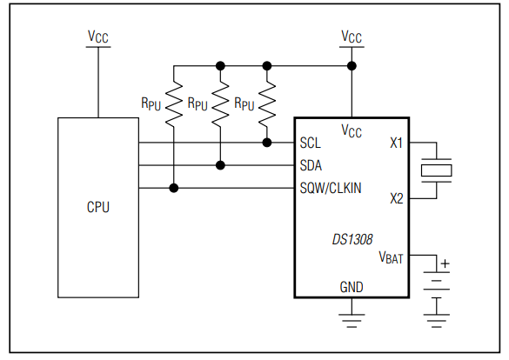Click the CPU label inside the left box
point(97,208)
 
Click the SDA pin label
point(312,165)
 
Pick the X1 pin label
point(396,143)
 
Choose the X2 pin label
point(396,198)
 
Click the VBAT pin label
point(392,257)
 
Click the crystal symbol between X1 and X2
point(437,170)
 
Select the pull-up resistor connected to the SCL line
point(267,102)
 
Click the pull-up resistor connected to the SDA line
point(221,102)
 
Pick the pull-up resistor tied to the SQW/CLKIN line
point(174,102)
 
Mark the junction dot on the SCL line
point(267,143)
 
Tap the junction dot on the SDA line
point(221,165)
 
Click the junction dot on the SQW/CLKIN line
point(174,188)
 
